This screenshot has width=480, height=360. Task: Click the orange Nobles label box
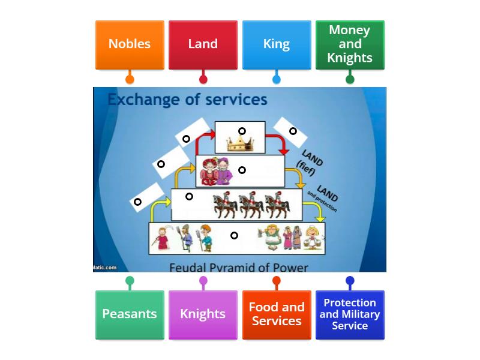(x=130, y=44)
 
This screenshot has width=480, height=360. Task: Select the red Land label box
(x=203, y=44)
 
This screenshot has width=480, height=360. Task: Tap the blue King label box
(x=276, y=44)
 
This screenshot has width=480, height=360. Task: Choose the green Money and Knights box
(x=350, y=44)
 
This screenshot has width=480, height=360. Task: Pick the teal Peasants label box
(x=130, y=314)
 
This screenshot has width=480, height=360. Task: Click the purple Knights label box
(x=203, y=314)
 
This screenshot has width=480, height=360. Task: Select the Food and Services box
(x=276, y=314)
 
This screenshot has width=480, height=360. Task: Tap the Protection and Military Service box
(x=350, y=314)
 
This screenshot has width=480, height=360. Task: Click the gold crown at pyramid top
(x=239, y=144)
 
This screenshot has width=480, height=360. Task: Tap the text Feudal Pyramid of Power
(x=238, y=267)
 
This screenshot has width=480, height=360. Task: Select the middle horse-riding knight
(x=251, y=205)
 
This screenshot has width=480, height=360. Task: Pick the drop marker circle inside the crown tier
(x=242, y=131)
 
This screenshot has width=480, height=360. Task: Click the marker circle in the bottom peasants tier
(x=234, y=235)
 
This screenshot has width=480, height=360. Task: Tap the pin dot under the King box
(x=276, y=79)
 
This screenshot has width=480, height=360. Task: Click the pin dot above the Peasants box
(x=130, y=280)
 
